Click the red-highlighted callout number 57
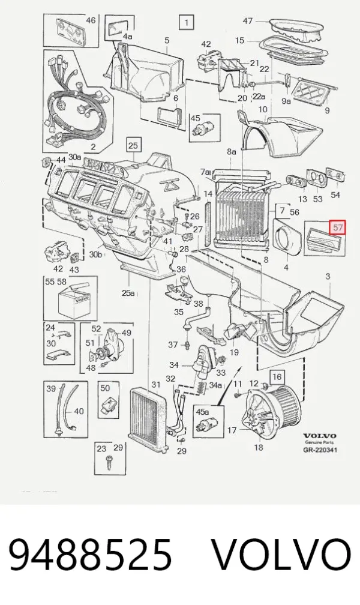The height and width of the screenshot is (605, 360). [x=338, y=227]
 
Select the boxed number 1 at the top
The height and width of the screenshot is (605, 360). [x=187, y=23]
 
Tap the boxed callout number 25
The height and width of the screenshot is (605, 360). [x=133, y=145]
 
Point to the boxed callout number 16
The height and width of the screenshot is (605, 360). [x=277, y=376]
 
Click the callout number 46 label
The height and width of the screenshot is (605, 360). [x=90, y=20]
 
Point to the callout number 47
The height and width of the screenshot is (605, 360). [x=248, y=20]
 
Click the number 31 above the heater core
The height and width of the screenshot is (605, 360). [x=156, y=385]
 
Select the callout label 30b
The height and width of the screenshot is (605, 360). [x=95, y=254]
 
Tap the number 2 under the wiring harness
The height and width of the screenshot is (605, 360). [x=93, y=146]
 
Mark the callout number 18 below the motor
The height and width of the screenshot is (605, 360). [x=259, y=447]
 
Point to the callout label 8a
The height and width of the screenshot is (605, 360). [x=231, y=152]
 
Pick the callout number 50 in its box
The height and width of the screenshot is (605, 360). [x=105, y=388]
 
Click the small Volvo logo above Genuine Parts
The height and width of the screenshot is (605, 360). [x=320, y=436]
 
